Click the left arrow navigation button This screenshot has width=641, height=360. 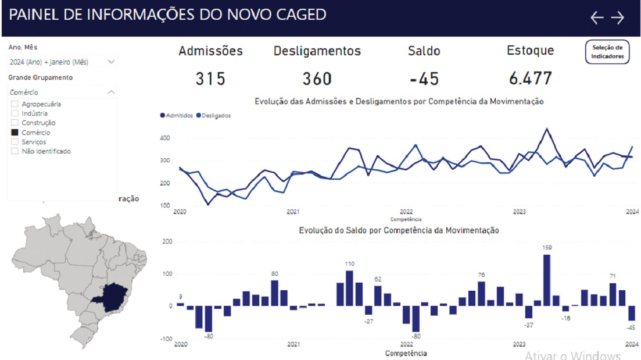[x=597, y=17]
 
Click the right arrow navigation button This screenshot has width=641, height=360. [x=617, y=17]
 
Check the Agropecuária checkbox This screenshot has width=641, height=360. [x=15, y=104]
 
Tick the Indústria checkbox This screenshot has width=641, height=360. [x=15, y=113]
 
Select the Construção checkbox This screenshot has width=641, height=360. [x=15, y=123]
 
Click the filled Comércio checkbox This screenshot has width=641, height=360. [x=15, y=133]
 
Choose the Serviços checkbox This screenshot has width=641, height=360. [x=15, y=142]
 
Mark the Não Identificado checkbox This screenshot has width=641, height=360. [x=15, y=151]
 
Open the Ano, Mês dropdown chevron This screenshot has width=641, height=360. [x=111, y=62]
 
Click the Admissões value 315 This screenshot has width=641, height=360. [x=210, y=79]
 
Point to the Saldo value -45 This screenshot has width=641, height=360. [x=424, y=79]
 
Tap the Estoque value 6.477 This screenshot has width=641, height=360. [x=530, y=79]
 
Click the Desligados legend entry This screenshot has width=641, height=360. [x=214, y=116]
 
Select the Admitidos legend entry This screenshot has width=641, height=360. [x=177, y=116]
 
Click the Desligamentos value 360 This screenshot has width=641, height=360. [x=317, y=79]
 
